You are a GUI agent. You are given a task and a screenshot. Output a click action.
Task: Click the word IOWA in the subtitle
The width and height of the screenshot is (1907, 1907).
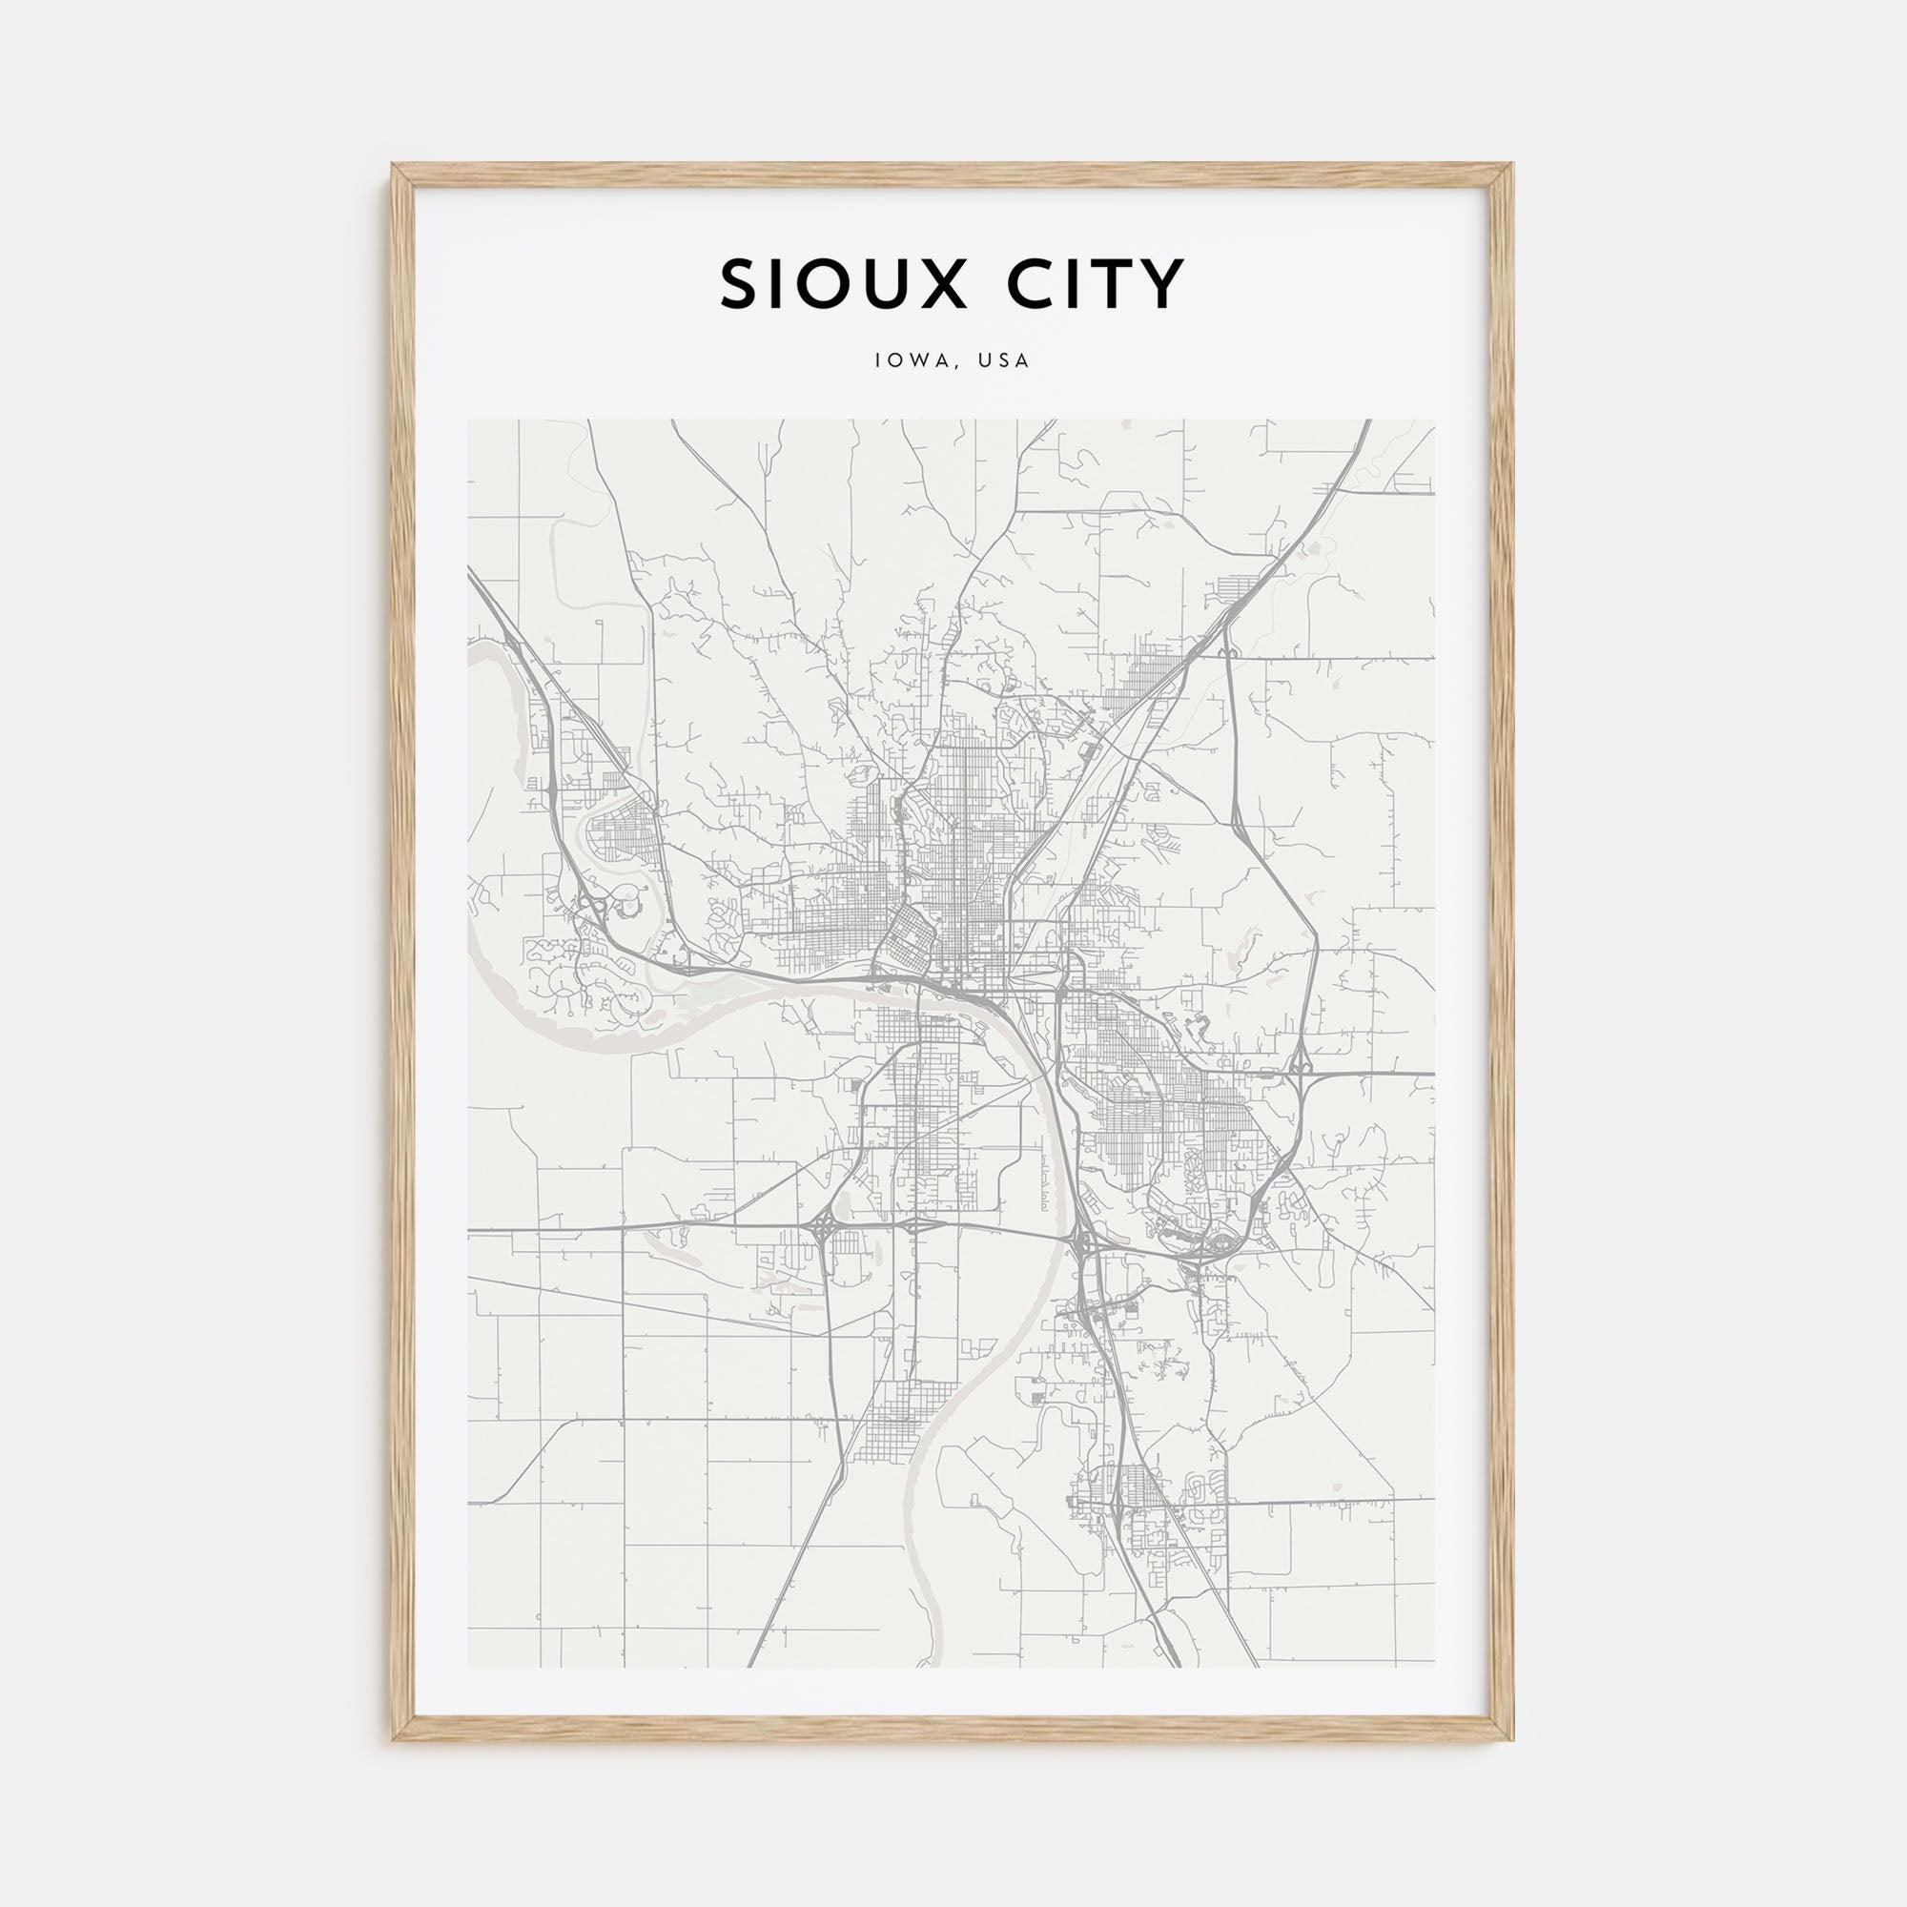pos(903,361)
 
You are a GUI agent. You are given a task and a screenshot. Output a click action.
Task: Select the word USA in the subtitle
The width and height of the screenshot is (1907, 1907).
pos(1004,361)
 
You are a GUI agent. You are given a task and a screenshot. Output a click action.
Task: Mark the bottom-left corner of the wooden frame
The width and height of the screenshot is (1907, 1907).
pos(394,1739)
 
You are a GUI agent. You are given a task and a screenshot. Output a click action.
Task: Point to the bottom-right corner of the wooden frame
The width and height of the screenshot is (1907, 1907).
pos(1512,1739)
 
